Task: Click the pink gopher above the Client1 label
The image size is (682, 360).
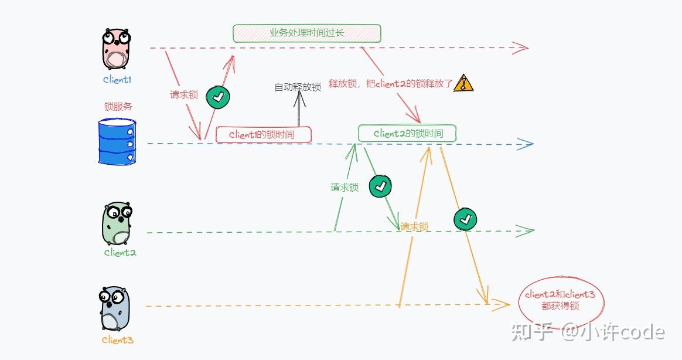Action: pos(116,50)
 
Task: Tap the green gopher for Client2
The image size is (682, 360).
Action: pos(117,224)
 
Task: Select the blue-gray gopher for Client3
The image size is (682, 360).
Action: pos(114,309)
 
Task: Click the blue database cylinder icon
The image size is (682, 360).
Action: pos(117,141)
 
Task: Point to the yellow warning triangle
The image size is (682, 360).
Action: pos(463,83)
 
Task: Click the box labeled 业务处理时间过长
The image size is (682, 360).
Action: pos(306,33)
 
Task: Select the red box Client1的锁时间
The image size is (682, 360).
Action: pos(263,134)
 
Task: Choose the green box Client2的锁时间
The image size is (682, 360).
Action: pos(407,133)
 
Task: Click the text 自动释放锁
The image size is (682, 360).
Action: pos(298,87)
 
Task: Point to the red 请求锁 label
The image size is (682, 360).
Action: pos(184,94)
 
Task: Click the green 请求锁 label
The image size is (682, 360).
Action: pos(345,188)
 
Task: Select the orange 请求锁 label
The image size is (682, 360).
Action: pos(414,227)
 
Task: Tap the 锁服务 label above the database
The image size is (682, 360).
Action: pos(118,107)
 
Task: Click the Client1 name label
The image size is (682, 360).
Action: pos(117,80)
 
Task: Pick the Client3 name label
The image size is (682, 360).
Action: pos(117,340)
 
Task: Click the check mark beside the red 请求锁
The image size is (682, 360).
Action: pos(218,97)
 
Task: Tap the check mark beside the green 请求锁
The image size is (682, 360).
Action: pos(380,186)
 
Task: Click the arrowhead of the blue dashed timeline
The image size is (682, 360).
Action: pos(526,144)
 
